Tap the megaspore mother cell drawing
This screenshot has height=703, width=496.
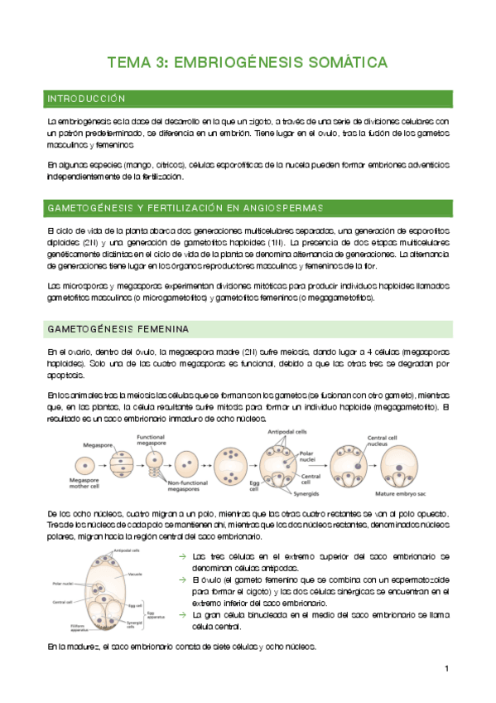(92, 462)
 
